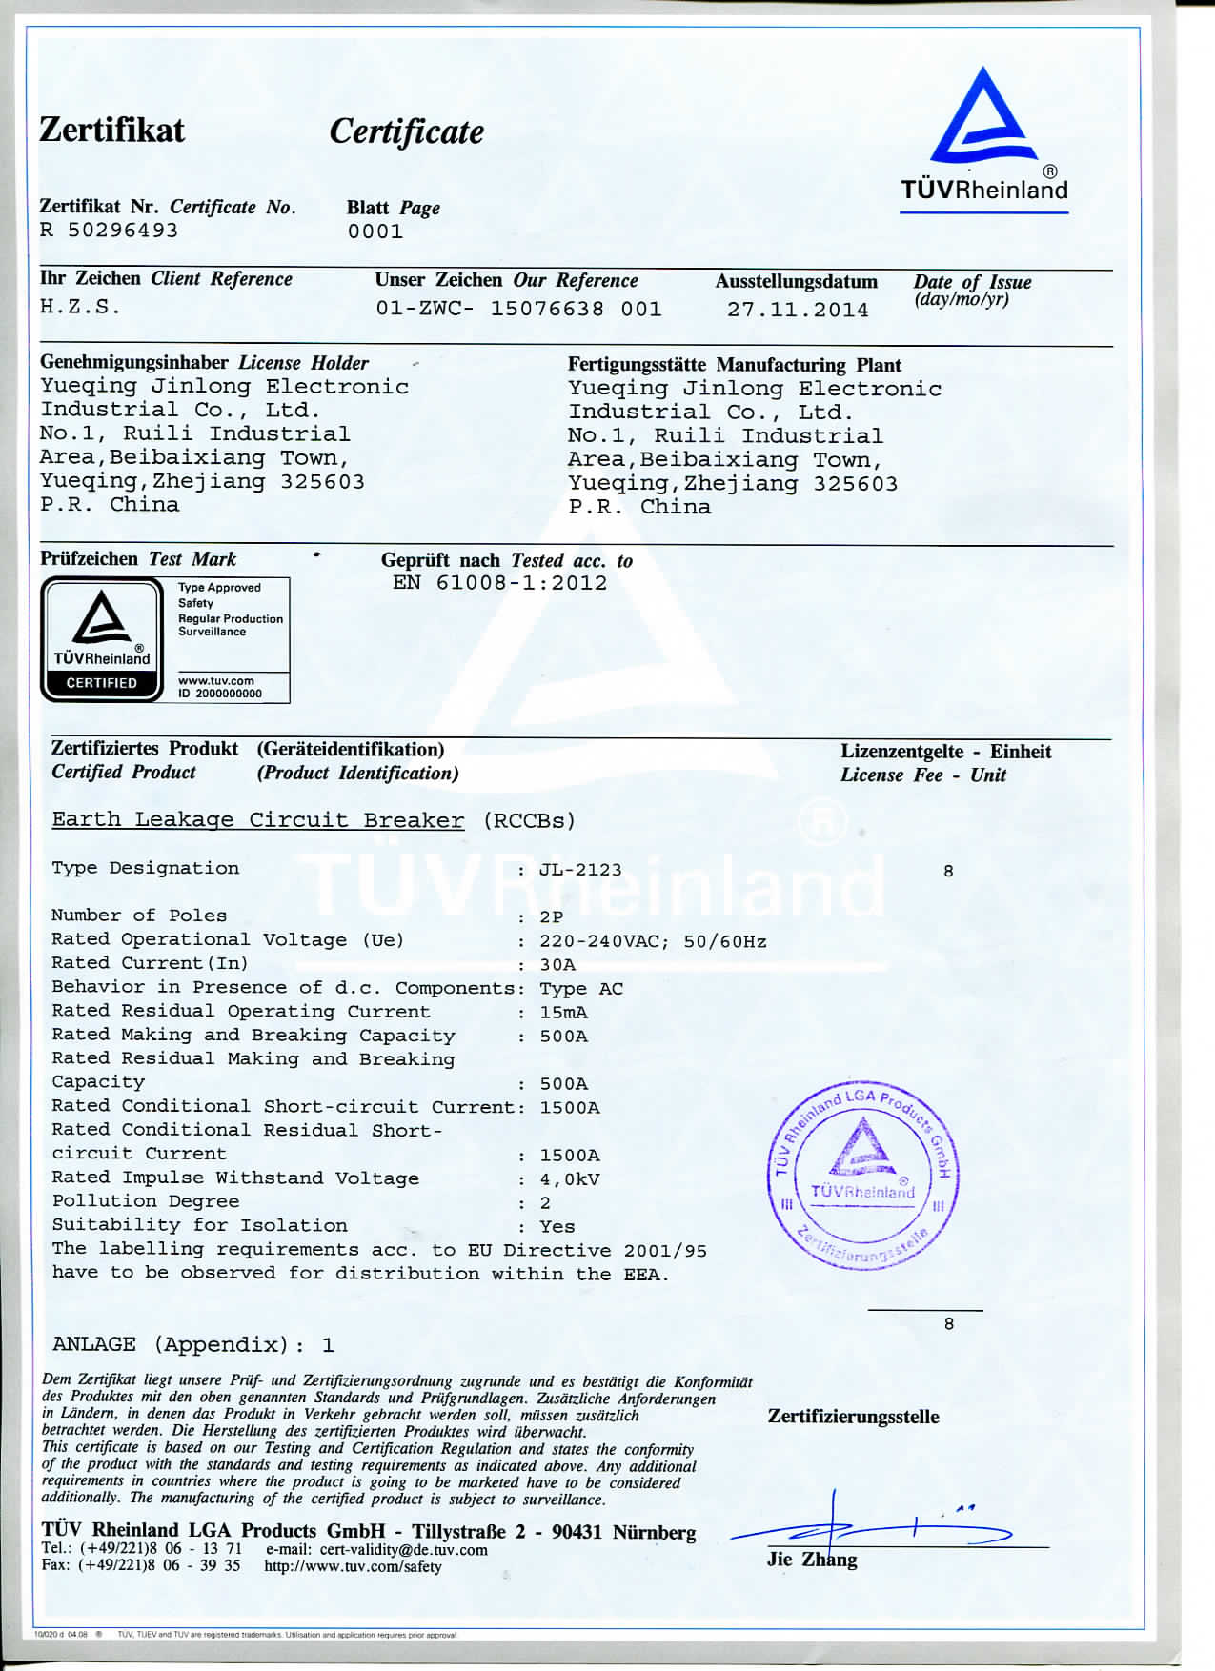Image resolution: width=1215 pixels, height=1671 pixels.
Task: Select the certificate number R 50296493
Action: point(109,231)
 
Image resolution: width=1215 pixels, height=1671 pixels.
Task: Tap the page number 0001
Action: point(375,232)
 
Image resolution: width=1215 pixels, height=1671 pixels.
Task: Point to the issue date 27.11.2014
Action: point(798,310)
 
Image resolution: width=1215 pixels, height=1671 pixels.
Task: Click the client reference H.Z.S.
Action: point(80,307)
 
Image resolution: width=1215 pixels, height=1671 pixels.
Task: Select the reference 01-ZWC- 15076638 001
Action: point(518,309)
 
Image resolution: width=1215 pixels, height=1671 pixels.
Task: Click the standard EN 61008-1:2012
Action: point(499,583)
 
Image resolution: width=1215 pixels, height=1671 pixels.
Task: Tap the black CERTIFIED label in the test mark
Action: point(101,683)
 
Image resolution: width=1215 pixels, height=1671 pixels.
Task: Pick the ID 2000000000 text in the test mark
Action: point(220,694)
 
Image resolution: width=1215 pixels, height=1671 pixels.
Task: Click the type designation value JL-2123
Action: point(580,870)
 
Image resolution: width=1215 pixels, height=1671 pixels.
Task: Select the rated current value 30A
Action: point(557,964)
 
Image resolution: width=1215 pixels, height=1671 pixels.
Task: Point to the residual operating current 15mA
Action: point(563,1012)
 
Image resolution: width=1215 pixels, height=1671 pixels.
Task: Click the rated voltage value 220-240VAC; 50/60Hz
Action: point(653,941)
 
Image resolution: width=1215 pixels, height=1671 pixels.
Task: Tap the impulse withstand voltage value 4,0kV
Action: point(570,1179)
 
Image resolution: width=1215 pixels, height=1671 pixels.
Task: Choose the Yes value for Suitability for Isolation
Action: point(557,1227)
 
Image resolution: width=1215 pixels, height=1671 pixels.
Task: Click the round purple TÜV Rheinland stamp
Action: point(861,1177)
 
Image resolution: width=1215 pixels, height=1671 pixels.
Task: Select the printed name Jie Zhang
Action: point(812,1560)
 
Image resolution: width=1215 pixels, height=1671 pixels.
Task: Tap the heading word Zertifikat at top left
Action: point(111,130)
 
